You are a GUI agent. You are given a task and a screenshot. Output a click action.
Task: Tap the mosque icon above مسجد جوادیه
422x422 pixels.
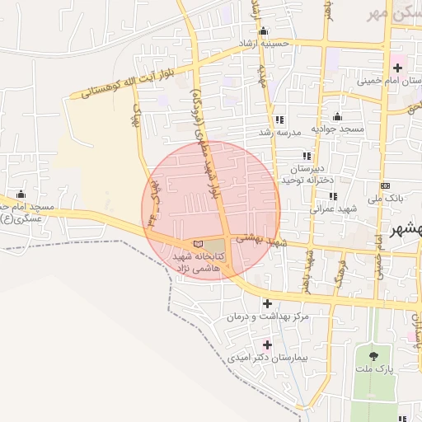336,116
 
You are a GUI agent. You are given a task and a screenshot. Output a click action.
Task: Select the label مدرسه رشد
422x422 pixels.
279,132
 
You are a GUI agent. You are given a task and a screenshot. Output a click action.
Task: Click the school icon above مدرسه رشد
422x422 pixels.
279,119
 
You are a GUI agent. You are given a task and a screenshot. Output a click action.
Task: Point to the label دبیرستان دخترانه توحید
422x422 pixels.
307,173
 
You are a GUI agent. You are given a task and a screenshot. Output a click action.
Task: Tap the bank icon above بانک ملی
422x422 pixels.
386,185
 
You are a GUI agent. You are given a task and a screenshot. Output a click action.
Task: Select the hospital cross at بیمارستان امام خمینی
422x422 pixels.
398,67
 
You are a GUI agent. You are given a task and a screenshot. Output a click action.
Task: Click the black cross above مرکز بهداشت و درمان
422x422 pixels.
267,303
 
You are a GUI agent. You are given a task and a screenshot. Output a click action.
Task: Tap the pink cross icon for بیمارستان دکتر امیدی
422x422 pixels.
266,345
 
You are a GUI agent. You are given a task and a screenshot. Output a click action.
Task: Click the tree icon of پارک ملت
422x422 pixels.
374,357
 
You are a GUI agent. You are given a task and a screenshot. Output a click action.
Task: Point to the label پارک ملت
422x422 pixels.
378,372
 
